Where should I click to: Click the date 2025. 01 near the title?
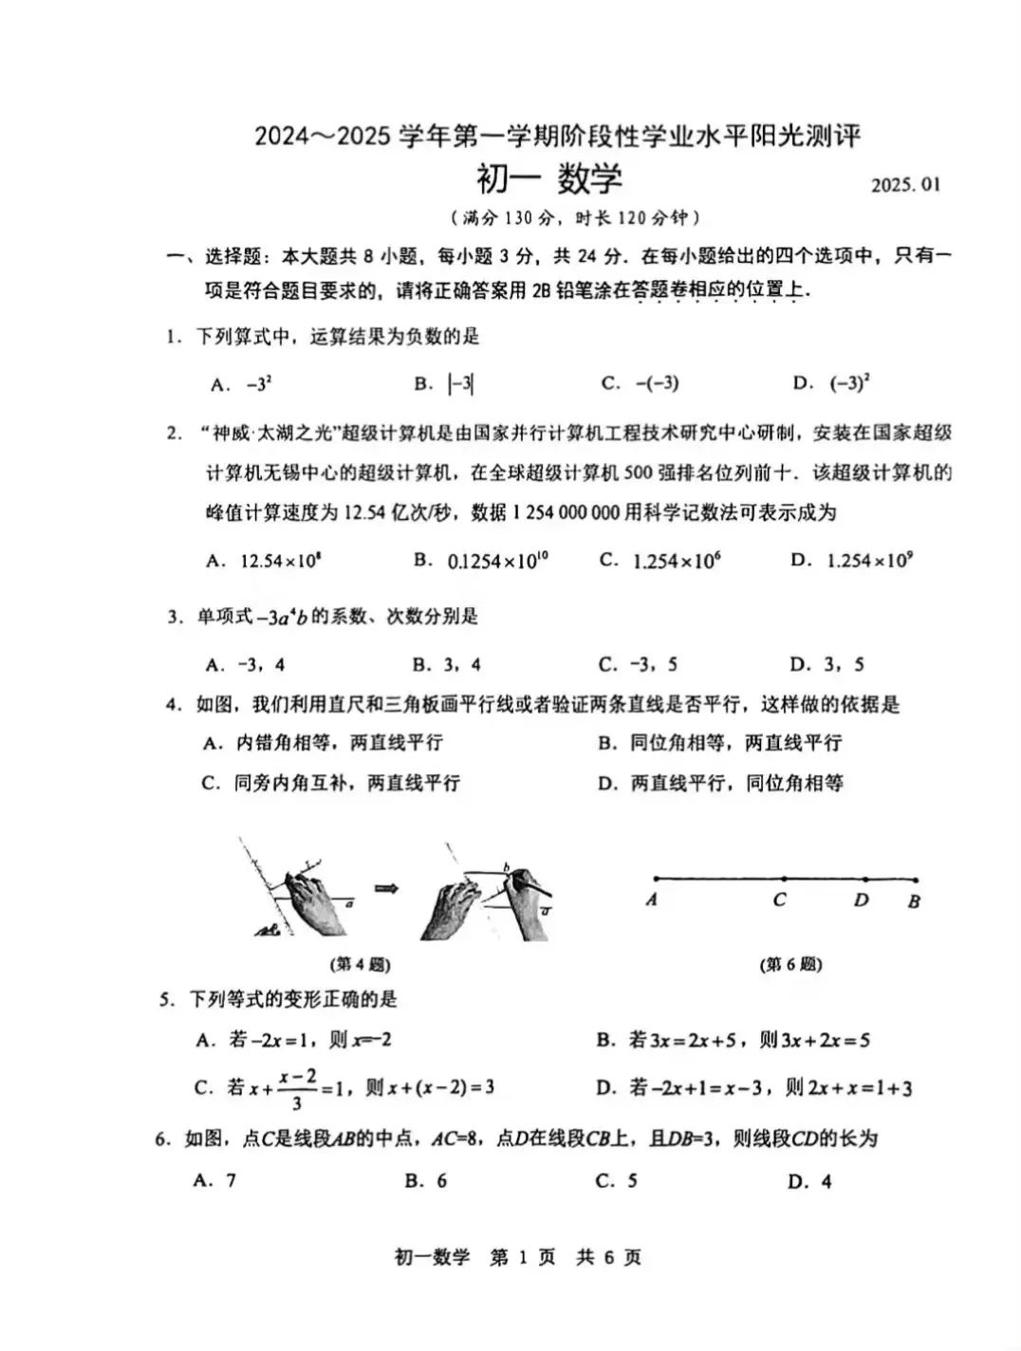905,184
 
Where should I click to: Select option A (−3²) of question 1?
244,384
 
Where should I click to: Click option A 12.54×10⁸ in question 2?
265,561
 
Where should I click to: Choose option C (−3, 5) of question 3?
638,664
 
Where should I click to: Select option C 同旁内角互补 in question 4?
331,783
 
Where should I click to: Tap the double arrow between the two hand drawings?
384,888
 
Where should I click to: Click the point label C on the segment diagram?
779,899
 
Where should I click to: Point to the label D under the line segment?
861,899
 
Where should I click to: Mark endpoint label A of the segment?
652,899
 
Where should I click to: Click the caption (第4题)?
361,965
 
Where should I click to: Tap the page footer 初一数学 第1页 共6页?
517,1258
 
